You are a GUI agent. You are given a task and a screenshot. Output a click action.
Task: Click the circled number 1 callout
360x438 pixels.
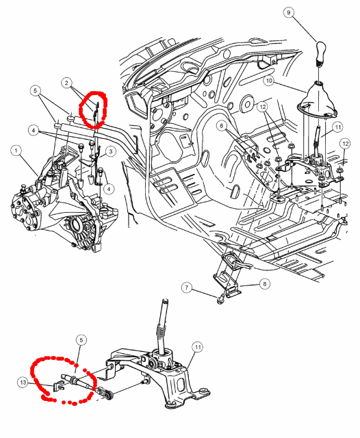pyautogui.click(x=16, y=151)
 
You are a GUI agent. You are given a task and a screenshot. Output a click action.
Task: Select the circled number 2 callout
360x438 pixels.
pyautogui.click(x=66, y=83)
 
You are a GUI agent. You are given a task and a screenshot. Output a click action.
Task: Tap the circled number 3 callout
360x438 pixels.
pyautogui.click(x=111, y=152)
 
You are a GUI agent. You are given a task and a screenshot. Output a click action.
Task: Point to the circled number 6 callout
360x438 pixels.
pyautogui.click(x=222, y=126)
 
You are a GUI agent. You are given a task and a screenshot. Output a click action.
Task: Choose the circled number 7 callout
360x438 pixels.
pyautogui.click(x=187, y=287)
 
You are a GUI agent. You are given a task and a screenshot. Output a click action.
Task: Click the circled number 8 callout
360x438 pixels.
pyautogui.click(x=265, y=284)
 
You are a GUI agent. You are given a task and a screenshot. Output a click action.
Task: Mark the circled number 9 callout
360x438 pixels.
pyautogui.click(x=289, y=13)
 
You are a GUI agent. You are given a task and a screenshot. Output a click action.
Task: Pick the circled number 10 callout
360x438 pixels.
pyautogui.click(x=269, y=81)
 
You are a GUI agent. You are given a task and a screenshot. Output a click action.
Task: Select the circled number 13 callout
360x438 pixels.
pyautogui.click(x=23, y=382)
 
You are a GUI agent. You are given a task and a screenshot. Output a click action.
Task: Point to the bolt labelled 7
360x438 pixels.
pyautogui.click(x=220, y=300)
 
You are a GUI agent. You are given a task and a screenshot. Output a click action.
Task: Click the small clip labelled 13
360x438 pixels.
pyautogui.click(x=58, y=385)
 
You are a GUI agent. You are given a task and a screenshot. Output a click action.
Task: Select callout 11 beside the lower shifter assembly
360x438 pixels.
pyautogui.click(x=198, y=347)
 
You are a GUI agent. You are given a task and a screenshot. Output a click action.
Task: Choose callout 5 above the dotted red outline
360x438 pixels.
pyautogui.click(x=81, y=340)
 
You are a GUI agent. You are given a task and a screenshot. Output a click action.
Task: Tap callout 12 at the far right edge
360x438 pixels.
pyautogui.click(x=346, y=144)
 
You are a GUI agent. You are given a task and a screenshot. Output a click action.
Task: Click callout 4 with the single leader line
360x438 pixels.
pyautogui.click(x=109, y=189)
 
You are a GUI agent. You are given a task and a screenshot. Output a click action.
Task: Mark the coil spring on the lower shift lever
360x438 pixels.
pyautogui.click(x=159, y=331)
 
